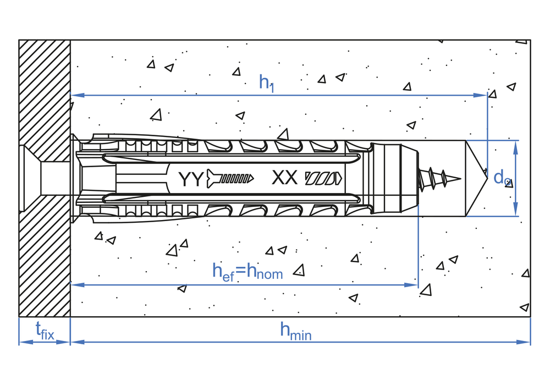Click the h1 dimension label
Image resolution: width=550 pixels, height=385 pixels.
[266, 84]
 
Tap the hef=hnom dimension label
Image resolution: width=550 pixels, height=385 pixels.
[248, 271]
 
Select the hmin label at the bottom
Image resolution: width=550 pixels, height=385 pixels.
[296, 331]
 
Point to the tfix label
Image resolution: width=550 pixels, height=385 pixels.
[45, 331]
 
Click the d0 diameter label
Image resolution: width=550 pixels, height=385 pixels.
[502, 178]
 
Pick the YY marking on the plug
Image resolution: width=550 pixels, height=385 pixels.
[191, 178]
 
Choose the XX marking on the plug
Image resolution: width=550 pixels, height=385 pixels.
[284, 178]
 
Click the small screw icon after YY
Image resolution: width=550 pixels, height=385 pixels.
[230, 178]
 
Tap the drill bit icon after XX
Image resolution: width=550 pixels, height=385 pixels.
[323, 178]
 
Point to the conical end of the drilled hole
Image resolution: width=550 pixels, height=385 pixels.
[477, 178]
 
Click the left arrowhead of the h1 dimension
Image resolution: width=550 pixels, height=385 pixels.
[77, 95]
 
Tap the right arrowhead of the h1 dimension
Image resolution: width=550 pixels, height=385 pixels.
[480, 95]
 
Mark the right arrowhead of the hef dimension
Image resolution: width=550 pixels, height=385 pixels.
[411, 285]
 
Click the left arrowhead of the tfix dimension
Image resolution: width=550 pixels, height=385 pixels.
[26, 342]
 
